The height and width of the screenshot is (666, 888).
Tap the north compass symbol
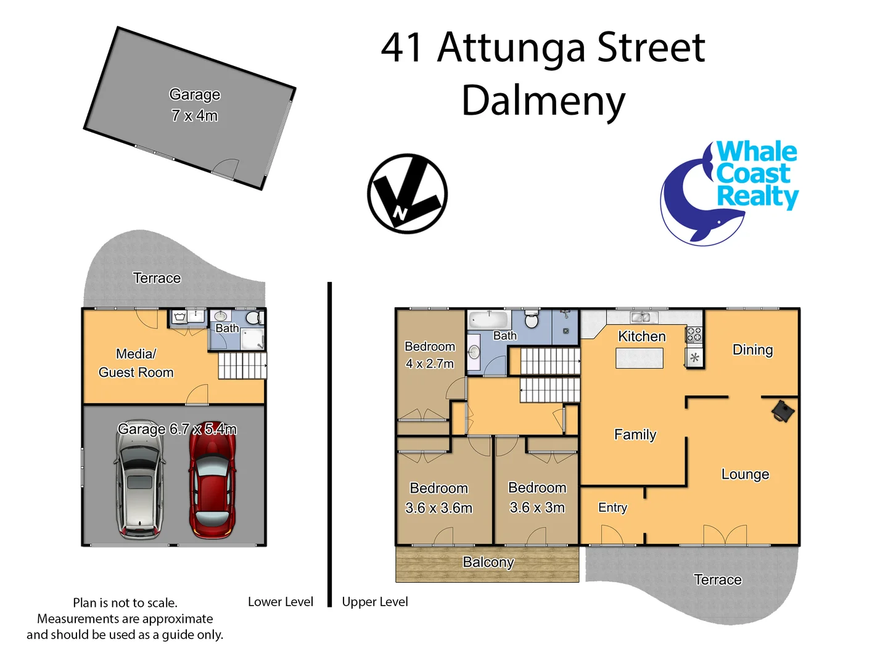(x=407, y=194)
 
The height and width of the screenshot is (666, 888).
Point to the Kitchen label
(x=642, y=337)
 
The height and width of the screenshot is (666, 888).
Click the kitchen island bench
(x=639, y=358)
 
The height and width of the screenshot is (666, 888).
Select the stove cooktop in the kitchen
(x=694, y=335)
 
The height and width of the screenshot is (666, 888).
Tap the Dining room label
(x=752, y=350)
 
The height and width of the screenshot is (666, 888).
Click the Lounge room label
(x=745, y=474)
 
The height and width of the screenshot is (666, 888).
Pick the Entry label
(x=612, y=508)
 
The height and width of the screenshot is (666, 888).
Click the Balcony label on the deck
(x=488, y=562)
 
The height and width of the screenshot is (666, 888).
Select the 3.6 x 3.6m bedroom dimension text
(x=438, y=508)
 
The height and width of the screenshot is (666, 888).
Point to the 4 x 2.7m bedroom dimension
(x=429, y=364)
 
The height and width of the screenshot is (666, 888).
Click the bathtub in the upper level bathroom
(x=488, y=320)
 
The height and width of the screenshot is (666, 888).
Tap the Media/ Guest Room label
(x=136, y=363)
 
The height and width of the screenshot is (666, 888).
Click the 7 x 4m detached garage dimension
(x=194, y=116)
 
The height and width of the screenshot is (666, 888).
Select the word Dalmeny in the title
(x=543, y=101)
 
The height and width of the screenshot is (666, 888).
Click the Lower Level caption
(x=280, y=602)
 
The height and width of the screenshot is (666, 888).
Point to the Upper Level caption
(x=375, y=602)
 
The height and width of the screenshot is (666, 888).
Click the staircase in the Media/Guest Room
(x=242, y=365)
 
